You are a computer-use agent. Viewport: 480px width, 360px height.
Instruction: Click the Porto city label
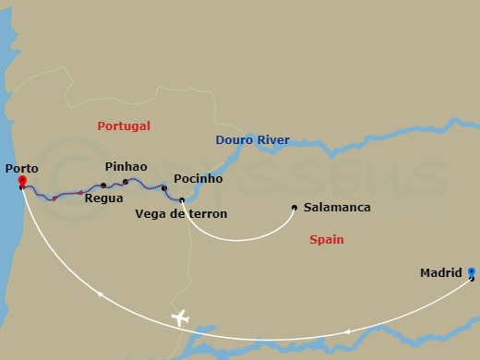pos(21,168)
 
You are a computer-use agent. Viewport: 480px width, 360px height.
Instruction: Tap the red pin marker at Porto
pos(21,182)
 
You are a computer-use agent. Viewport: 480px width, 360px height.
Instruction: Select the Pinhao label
pos(126,166)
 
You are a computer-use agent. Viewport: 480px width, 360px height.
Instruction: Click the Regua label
pos(102,198)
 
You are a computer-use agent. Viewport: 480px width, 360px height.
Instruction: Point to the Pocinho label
pos(198,179)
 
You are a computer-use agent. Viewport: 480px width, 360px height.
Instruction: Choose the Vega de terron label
pos(181,213)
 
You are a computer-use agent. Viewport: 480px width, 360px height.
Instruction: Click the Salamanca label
pos(337,208)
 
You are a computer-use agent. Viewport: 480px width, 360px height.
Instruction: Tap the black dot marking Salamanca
pos(294,208)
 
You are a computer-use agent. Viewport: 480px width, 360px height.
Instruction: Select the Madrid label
pos(440,273)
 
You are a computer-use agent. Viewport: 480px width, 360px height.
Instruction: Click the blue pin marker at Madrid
pos(472,272)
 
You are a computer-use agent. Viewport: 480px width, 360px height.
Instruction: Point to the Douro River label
pos(252,140)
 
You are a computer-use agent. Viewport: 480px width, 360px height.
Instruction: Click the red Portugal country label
pos(124,126)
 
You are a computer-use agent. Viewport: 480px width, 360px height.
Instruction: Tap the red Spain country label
pos(326,240)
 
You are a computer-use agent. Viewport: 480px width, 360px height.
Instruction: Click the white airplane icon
pos(180,318)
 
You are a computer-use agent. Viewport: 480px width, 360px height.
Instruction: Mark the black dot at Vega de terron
pos(182,200)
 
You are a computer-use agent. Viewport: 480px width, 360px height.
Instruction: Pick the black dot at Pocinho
pos(164,188)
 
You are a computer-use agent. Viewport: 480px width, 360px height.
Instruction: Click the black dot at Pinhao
pos(126,182)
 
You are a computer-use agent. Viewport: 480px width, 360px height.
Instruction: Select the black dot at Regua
pos(103,186)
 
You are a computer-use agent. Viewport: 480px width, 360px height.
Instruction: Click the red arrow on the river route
pos(54,198)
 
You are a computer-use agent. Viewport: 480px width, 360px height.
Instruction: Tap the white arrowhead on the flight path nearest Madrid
pos(347,331)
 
